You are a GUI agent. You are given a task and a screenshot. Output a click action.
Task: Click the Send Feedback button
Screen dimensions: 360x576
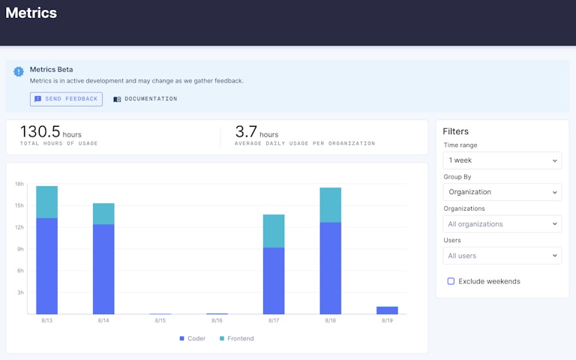pyautogui.click(x=66, y=99)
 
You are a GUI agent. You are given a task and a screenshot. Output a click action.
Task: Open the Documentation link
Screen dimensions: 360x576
pyautogui.click(x=145, y=99)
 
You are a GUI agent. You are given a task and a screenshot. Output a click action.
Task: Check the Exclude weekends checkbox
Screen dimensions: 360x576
pyautogui.click(x=451, y=281)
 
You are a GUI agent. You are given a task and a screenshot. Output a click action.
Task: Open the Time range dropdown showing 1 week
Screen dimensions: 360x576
pyautogui.click(x=502, y=160)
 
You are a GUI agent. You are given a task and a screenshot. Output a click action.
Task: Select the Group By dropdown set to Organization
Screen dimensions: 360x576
pyautogui.click(x=502, y=192)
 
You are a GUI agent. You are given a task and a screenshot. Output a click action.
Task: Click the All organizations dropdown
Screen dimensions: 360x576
pyautogui.click(x=502, y=223)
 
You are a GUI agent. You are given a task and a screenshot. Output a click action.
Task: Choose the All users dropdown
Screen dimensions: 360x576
pyautogui.click(x=502, y=256)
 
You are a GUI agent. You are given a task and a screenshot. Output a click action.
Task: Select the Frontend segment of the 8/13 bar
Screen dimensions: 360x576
pyautogui.click(x=46, y=202)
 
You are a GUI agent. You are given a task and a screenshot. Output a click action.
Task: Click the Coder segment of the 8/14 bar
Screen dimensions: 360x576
pyautogui.click(x=103, y=268)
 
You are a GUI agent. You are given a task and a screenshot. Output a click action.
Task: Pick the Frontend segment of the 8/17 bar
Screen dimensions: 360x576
pyautogui.click(x=274, y=231)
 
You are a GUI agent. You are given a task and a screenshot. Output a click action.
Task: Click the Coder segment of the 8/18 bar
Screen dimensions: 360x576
pyautogui.click(x=330, y=268)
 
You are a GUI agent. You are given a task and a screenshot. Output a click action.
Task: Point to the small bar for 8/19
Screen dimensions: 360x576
pyautogui.click(x=387, y=310)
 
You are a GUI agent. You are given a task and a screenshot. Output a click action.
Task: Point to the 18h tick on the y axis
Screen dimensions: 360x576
pyautogui.click(x=19, y=184)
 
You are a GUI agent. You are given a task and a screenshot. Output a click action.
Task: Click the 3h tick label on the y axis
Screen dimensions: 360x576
pyautogui.click(x=20, y=292)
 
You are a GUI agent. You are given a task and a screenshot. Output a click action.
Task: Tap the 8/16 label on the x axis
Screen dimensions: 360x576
pyautogui.click(x=217, y=321)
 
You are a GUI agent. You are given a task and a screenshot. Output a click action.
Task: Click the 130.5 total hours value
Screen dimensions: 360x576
pyautogui.click(x=40, y=132)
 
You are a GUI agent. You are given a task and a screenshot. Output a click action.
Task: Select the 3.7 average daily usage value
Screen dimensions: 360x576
pyautogui.click(x=246, y=132)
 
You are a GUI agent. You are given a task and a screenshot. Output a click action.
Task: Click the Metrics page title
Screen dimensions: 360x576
pyautogui.click(x=31, y=13)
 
